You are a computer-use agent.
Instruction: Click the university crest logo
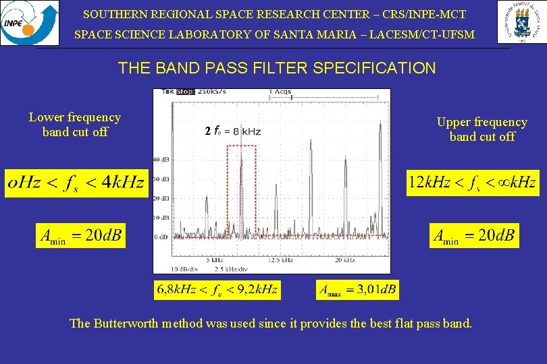click(521, 22)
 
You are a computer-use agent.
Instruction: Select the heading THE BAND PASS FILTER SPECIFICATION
click(277, 68)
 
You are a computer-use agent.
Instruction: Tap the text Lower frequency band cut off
click(75, 125)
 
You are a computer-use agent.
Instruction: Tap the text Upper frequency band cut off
click(481, 129)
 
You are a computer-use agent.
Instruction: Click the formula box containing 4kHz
click(76, 182)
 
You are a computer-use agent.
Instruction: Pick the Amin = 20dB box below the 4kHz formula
click(80, 235)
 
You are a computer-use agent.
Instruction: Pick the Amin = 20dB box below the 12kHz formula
click(474, 235)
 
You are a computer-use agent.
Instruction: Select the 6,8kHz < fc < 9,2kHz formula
click(217, 290)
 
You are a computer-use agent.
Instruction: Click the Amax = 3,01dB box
click(358, 290)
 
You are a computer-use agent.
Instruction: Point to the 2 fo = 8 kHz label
click(232, 131)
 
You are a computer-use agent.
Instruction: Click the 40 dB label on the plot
click(161, 160)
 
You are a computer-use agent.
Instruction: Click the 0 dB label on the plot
click(163, 237)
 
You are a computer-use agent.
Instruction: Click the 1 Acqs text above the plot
click(280, 92)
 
